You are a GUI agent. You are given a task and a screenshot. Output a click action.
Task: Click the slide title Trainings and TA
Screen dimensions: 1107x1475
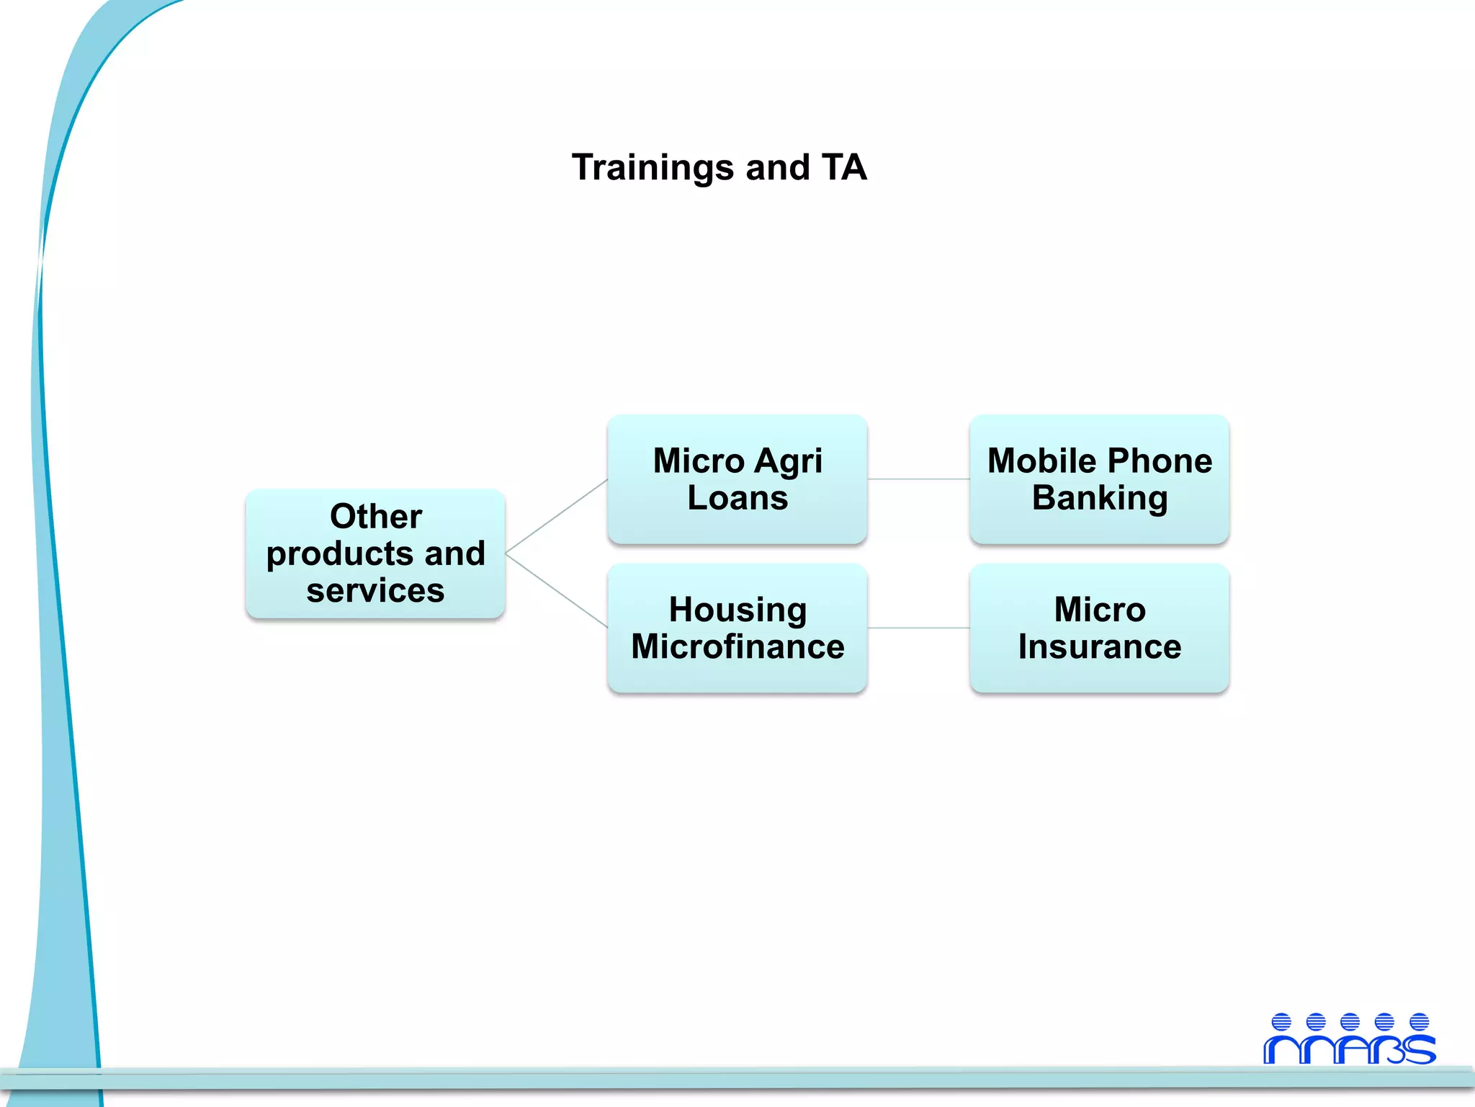click(x=719, y=167)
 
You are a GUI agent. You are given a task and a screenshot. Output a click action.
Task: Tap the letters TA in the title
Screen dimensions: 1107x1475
click(x=843, y=167)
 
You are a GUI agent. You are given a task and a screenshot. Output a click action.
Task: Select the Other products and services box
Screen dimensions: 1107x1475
click(x=375, y=553)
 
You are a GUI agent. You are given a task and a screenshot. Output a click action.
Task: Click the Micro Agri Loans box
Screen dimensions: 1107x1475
click(x=737, y=479)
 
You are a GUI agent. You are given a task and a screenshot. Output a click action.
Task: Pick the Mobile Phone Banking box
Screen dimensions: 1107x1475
click(x=1099, y=479)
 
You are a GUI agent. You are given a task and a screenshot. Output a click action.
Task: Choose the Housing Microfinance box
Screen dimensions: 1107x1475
click(x=737, y=628)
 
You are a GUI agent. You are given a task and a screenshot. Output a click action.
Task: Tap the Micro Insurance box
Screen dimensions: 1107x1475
click(x=1099, y=628)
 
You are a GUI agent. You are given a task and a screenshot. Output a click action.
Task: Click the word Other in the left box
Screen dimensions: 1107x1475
click(x=375, y=516)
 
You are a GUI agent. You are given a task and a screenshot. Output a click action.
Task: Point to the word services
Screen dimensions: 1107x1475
click(x=375, y=590)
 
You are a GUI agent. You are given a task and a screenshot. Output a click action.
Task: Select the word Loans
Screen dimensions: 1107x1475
click(x=737, y=498)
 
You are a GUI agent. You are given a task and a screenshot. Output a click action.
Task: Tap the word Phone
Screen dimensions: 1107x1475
click(x=1160, y=461)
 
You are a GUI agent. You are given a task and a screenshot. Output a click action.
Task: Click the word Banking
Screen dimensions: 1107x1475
click(x=1100, y=499)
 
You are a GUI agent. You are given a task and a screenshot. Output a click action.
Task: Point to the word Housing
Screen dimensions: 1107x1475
click(x=737, y=610)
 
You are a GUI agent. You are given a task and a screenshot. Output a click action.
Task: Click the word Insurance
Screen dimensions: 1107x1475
click(x=1099, y=646)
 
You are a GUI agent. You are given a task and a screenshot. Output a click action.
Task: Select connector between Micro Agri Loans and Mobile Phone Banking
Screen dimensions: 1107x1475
click(x=918, y=479)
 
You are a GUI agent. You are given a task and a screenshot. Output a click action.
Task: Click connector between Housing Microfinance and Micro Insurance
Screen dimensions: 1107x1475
click(x=918, y=628)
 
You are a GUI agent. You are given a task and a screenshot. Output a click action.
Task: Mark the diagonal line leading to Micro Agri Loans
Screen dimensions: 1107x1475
click(x=556, y=516)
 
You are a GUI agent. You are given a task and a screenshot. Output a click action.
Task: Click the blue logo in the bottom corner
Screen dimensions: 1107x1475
click(x=1349, y=1039)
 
